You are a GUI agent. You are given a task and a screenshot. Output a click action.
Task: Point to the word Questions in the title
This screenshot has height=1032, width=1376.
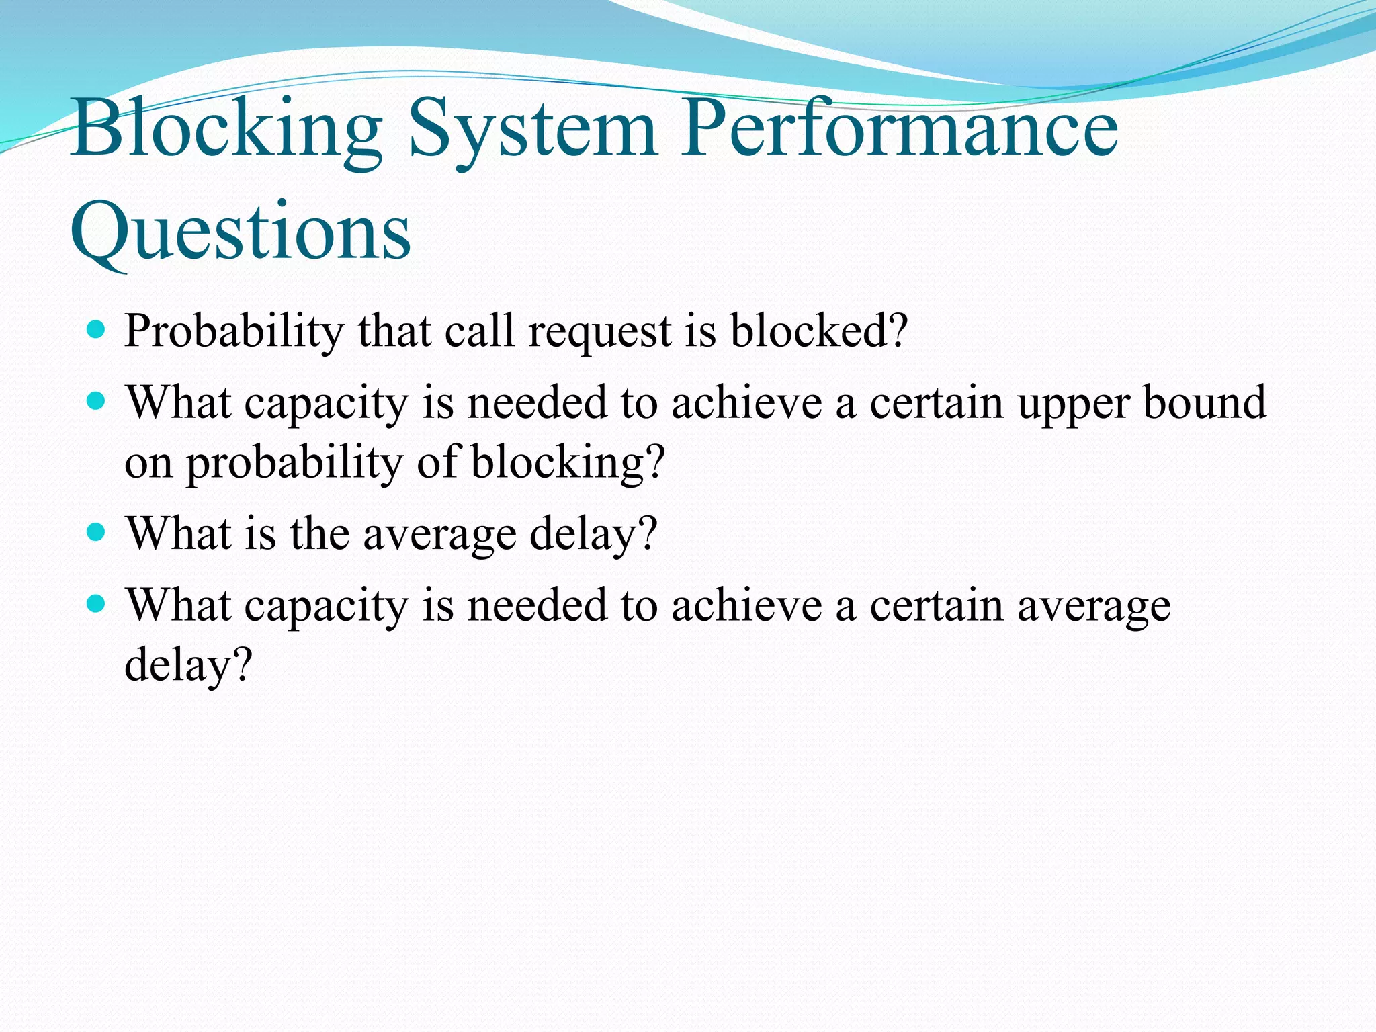240,232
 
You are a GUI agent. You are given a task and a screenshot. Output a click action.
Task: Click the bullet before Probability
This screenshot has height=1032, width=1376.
97,330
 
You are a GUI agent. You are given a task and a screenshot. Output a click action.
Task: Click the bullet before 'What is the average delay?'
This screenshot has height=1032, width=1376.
97,533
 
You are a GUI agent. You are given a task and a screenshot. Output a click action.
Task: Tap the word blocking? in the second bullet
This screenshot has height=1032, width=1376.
568,463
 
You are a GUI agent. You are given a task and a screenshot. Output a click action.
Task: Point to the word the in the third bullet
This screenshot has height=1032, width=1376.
319,534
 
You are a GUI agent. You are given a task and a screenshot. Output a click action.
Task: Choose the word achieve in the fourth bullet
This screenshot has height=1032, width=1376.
746,605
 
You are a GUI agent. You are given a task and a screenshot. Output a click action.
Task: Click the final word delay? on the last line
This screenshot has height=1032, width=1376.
188,665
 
